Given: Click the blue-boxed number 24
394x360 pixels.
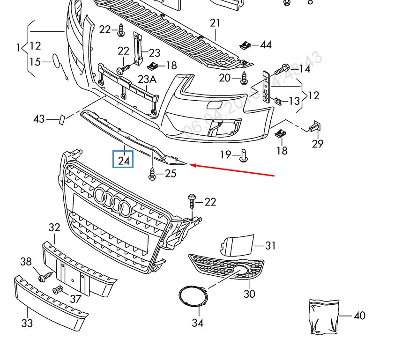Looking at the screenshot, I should point(124,160).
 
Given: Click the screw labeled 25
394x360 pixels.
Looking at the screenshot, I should point(152,174).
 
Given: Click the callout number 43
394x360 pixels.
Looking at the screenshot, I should point(39,119).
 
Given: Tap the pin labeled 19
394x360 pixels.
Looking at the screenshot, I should point(244,155).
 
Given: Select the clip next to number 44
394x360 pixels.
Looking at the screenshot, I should point(245,45).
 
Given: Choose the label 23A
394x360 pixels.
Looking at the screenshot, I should point(147,80).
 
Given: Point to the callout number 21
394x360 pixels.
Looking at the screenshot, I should point(215,23).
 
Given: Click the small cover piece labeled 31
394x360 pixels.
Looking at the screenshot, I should point(237,245).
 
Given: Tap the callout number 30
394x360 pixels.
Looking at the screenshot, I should point(249,294).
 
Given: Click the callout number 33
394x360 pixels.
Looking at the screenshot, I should point(27,323).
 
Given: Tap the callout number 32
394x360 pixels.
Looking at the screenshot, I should point(54,228).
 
